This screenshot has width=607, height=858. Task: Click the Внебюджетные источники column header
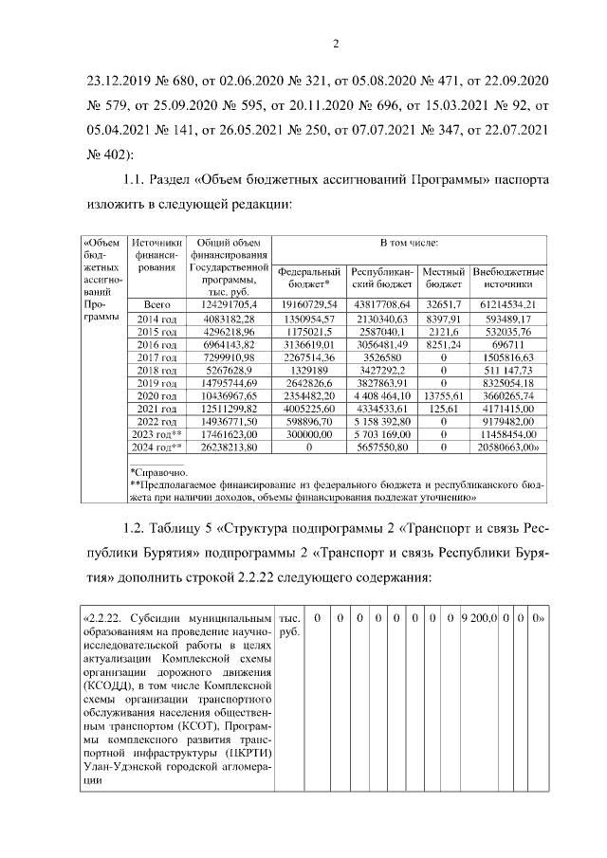507,276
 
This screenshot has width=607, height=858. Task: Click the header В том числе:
409,244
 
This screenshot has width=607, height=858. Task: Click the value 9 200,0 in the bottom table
479,617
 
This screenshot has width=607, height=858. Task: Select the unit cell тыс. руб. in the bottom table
287,625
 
